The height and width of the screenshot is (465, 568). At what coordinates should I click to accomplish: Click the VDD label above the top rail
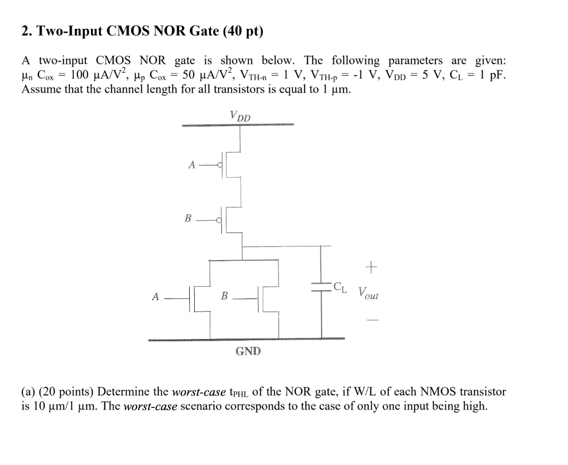tap(240, 116)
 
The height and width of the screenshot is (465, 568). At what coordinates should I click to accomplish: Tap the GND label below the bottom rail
tap(248, 351)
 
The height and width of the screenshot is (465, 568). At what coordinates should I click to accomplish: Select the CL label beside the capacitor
tap(341, 287)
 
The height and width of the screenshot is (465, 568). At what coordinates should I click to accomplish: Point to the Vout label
tap(368, 293)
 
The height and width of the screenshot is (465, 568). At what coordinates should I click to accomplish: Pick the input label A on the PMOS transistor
tap(191, 165)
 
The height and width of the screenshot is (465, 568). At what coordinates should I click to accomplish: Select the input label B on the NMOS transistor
tap(224, 297)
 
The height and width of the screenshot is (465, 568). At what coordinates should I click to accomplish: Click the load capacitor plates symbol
tap(321, 286)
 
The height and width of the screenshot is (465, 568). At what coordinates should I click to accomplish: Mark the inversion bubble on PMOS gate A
tap(220, 165)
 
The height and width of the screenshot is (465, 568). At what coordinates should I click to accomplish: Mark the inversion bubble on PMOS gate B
tap(220, 220)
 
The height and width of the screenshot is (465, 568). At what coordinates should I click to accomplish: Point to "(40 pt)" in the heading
tap(242, 31)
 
